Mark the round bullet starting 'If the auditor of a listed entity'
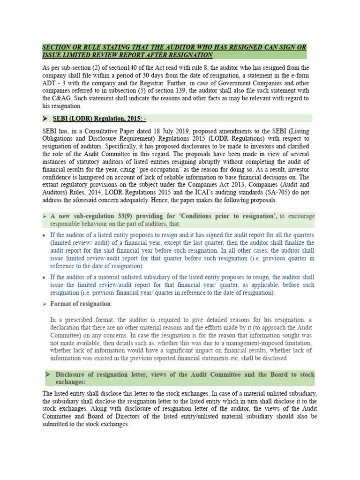pos(45,235)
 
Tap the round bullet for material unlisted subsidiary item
pos(45,277)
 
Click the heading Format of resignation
pos(81,304)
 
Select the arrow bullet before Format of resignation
pos(45,304)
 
